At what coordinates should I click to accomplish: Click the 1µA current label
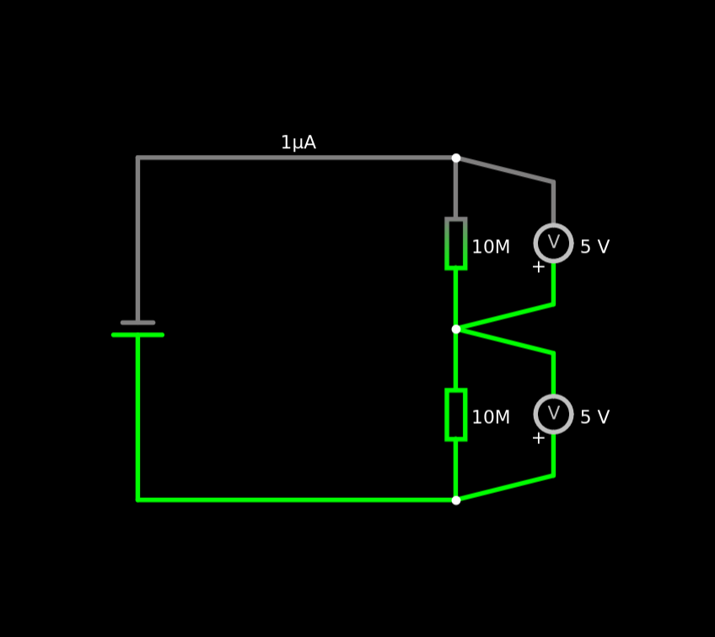tap(298, 143)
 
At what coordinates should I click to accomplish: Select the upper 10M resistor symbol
tap(456, 244)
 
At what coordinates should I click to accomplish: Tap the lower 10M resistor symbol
tap(456, 415)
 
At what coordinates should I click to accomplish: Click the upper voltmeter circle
tap(553, 243)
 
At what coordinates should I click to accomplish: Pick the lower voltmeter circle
tap(553, 414)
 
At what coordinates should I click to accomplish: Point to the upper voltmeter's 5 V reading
tap(594, 247)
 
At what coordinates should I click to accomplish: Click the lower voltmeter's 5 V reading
tap(594, 418)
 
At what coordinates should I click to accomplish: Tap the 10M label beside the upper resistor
tap(491, 248)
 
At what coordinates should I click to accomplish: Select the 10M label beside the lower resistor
tap(491, 418)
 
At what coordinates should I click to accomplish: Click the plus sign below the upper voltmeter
tap(539, 267)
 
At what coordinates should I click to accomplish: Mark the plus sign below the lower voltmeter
tap(539, 438)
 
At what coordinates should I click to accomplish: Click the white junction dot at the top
tap(456, 158)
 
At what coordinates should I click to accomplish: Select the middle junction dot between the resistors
tap(456, 329)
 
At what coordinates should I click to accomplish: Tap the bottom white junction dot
tap(456, 500)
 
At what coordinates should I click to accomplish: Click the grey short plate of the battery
tap(137, 322)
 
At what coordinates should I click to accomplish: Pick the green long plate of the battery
tap(137, 335)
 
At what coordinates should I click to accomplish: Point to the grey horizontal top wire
tap(295, 158)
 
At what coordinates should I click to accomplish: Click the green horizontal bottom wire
tap(295, 500)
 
